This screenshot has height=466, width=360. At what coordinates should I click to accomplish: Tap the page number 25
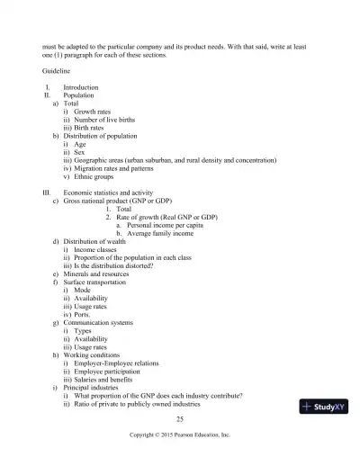[x=180, y=419]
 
